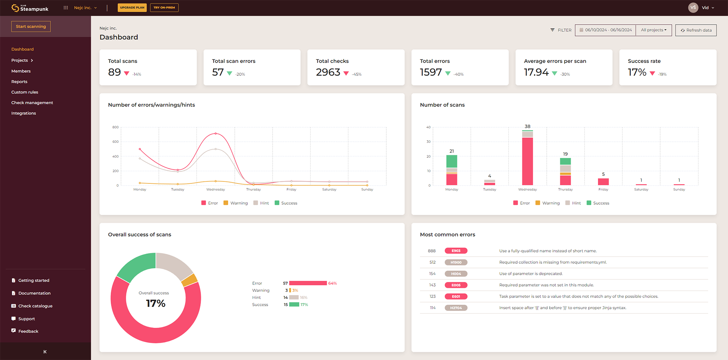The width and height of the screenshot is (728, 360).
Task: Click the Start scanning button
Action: coord(31,27)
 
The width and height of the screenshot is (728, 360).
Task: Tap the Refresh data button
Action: coord(696,30)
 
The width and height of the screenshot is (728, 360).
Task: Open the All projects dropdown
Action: coord(653,30)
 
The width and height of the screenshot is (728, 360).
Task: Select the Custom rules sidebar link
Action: coord(25,92)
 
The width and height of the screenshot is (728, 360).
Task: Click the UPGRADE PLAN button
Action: coord(132,8)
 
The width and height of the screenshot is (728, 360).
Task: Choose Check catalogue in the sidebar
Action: coord(35,306)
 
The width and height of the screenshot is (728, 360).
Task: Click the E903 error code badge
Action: coord(456,251)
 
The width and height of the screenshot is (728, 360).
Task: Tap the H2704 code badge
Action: coord(456,308)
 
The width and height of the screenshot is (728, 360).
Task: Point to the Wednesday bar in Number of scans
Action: coord(527,159)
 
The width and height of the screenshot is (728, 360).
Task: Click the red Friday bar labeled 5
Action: coord(603,182)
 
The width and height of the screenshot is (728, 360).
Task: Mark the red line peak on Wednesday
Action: coord(216,133)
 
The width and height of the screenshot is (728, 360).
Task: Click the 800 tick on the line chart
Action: coord(116,127)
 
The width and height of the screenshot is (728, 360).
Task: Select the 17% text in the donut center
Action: coord(155,304)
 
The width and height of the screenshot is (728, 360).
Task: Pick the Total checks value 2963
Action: coord(328,72)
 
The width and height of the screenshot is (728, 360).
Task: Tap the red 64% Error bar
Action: coord(308,283)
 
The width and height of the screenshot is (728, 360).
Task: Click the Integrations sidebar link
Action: coord(24,113)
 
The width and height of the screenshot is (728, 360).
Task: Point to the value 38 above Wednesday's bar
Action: coord(527,127)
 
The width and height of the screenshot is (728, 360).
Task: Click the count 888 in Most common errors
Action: coord(431,251)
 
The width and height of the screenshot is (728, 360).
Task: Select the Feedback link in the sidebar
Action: coord(28,332)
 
